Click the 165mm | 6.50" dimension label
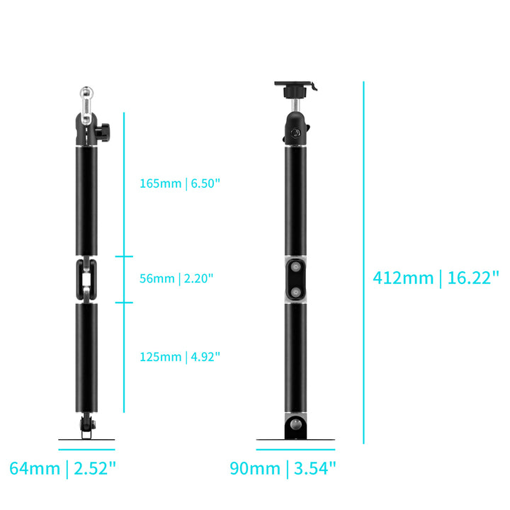click(180, 183)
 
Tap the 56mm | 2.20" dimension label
click(176, 278)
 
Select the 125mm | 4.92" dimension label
click(180, 357)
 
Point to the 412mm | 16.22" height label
click(436, 277)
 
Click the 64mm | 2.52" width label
click(62, 468)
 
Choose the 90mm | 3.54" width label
click(283, 468)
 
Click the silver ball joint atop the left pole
click(86, 94)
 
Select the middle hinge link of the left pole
click(86, 278)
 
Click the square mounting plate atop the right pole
click(295, 85)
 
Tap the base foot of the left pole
click(86, 437)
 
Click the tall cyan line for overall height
click(364, 262)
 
